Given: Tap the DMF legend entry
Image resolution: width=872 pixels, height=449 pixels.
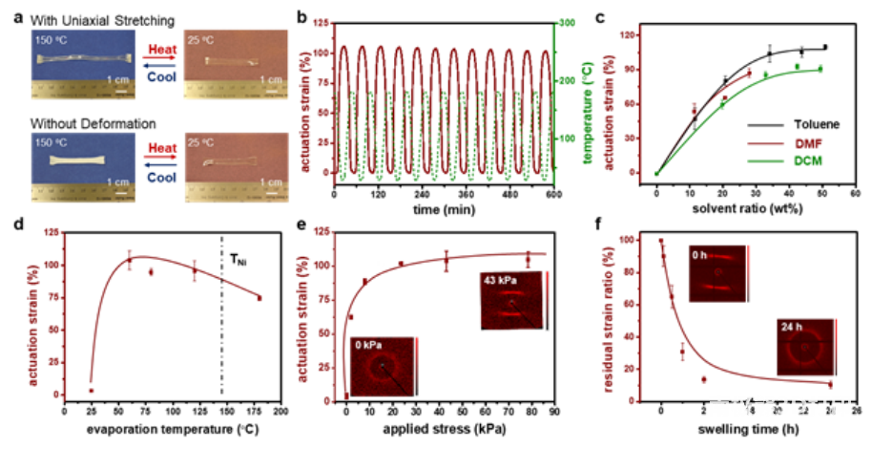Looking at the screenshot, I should (x=808, y=142).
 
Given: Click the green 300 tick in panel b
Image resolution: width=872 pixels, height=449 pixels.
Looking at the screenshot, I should (x=566, y=23).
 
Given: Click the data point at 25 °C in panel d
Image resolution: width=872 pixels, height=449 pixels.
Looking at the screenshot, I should (x=92, y=390).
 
